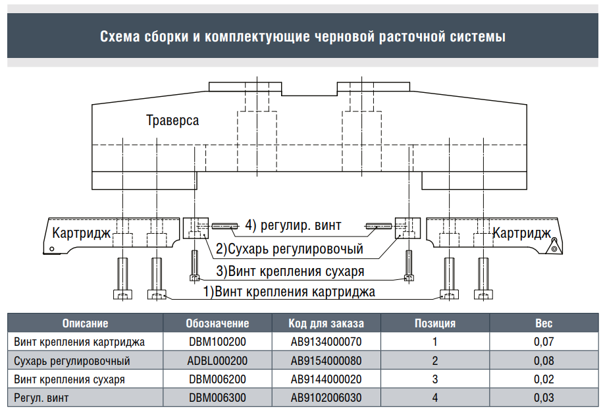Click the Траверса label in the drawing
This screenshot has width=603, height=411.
click(172, 121)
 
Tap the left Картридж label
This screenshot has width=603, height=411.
click(81, 233)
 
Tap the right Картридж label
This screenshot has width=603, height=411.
click(522, 233)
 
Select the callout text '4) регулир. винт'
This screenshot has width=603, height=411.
click(293, 225)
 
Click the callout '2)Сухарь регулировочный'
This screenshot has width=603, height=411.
click(290, 249)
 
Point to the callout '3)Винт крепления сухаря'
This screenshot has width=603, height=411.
click(290, 271)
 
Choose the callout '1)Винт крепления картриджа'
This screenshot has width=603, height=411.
click(289, 292)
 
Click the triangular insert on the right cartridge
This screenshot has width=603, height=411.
click(554, 246)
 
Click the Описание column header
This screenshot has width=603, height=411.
click(86, 323)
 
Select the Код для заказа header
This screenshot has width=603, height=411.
click(326, 323)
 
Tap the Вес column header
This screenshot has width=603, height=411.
click(544, 323)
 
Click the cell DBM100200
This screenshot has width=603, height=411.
click(217, 342)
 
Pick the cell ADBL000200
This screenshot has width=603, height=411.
click(217, 360)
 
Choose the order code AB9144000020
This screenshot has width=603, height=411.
click(326, 379)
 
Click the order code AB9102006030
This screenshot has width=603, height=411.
click(326, 398)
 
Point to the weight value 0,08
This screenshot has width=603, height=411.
click(544, 360)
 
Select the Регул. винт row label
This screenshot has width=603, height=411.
click(41, 398)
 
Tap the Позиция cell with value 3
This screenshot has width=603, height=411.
click(435, 379)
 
